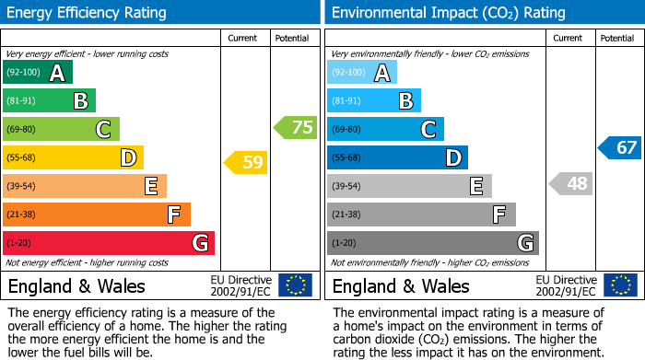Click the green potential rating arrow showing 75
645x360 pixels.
pos(296,128)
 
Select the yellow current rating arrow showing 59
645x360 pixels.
pos(246,163)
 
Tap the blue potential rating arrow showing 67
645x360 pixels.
pos(620,147)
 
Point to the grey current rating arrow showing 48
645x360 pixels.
pos(570,183)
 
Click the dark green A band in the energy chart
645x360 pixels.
pos(37,73)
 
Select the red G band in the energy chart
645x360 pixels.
pos(108,243)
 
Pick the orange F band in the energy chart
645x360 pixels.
pos(96,215)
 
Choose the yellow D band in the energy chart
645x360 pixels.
pos(73,157)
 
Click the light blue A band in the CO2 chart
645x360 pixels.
pos(362,73)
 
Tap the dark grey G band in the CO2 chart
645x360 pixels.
pos(432,243)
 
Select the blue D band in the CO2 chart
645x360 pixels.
pos(397,157)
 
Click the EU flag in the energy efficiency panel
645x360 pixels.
pos(295,285)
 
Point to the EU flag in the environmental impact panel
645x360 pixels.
pos(619,285)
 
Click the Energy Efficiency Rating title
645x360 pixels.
pos(88,13)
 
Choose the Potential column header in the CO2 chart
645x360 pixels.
pos(617,38)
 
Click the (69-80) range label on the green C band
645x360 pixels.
pos(22,129)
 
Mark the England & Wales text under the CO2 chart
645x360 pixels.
pos(401,285)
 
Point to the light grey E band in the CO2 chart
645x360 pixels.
pos(409,186)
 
